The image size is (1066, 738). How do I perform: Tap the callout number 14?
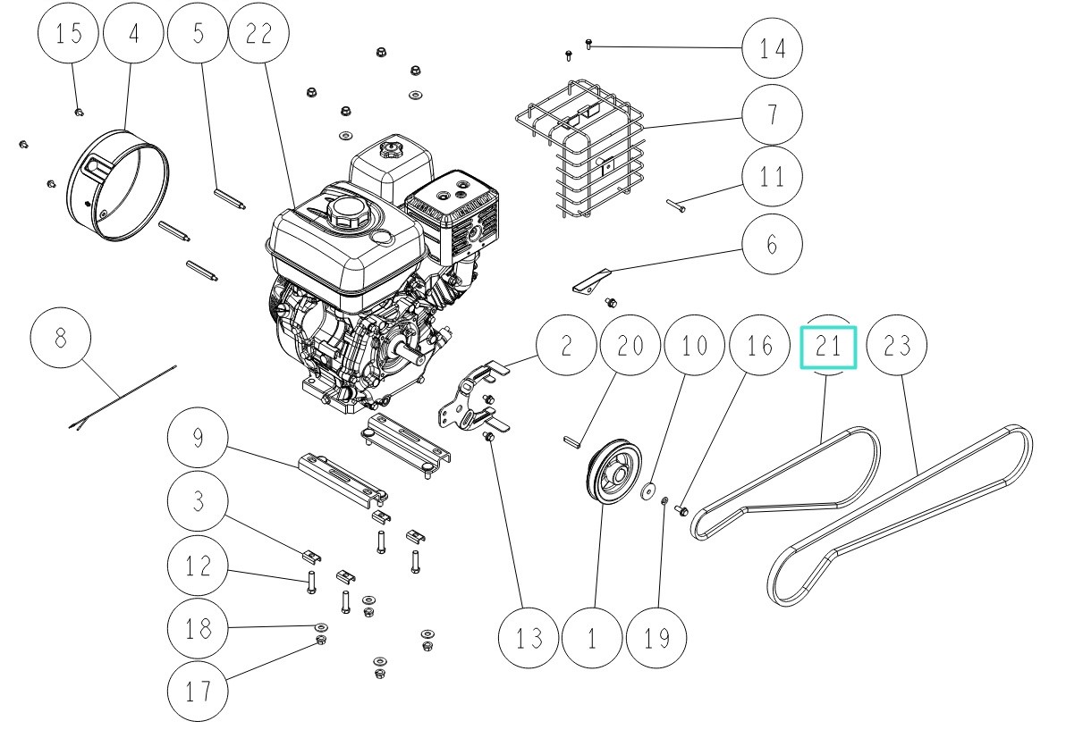click(x=772, y=46)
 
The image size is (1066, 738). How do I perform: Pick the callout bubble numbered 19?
click(x=657, y=638)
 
